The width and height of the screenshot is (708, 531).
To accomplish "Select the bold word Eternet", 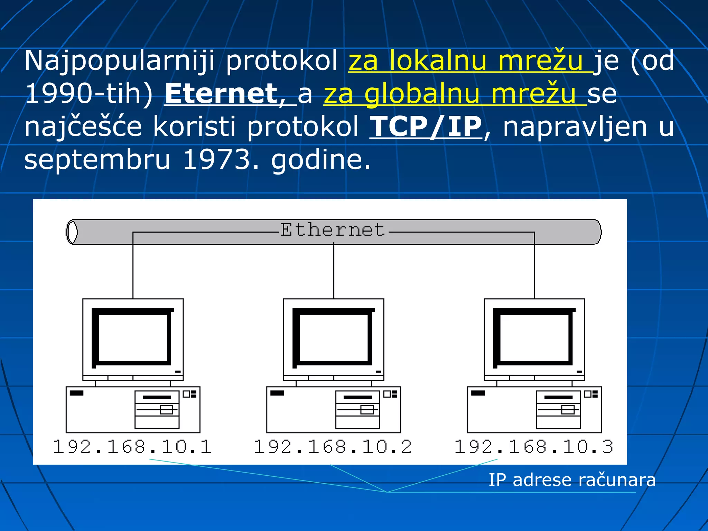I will click(221, 94).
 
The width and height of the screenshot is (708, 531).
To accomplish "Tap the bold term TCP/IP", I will click(426, 127).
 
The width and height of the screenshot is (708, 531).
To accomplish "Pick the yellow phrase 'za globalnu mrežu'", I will click(455, 94).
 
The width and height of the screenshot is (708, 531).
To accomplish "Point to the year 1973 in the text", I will click(216, 160).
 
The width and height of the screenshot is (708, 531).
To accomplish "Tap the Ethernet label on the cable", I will click(332, 230).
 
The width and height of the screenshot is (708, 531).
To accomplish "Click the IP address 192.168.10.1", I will click(132, 447).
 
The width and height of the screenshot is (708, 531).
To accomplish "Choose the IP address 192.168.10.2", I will click(333, 447).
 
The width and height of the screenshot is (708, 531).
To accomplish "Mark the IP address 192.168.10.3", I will click(534, 447).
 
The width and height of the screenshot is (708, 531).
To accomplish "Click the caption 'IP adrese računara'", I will click(572, 480).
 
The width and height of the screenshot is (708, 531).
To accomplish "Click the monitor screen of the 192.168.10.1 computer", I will click(133, 337).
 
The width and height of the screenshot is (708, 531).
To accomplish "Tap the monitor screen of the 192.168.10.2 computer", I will click(334, 337).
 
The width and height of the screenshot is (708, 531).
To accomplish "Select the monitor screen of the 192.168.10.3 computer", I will click(534, 337).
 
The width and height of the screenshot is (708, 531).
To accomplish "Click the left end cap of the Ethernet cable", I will click(72, 232).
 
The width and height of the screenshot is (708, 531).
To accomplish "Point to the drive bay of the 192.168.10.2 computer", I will click(357, 410).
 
